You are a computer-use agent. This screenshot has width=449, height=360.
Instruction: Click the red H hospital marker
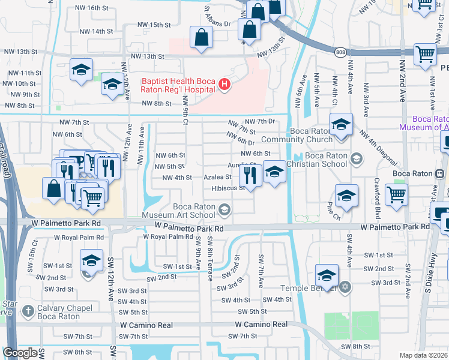(x=224, y=84)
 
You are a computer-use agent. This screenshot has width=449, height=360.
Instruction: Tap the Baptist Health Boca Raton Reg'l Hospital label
(x=178, y=85)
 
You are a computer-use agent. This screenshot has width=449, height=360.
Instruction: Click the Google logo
(x=20, y=353)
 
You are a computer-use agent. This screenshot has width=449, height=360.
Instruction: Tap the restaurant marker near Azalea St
(x=249, y=175)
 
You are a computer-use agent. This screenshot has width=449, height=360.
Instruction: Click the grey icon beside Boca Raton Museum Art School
(x=224, y=209)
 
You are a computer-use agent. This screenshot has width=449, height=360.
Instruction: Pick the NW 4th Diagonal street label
(x=378, y=148)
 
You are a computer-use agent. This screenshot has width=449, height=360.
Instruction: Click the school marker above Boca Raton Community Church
(x=340, y=125)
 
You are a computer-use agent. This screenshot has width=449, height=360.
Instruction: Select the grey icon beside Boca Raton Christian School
(x=357, y=159)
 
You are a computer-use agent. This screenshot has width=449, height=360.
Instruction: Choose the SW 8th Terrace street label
(x=209, y=258)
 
